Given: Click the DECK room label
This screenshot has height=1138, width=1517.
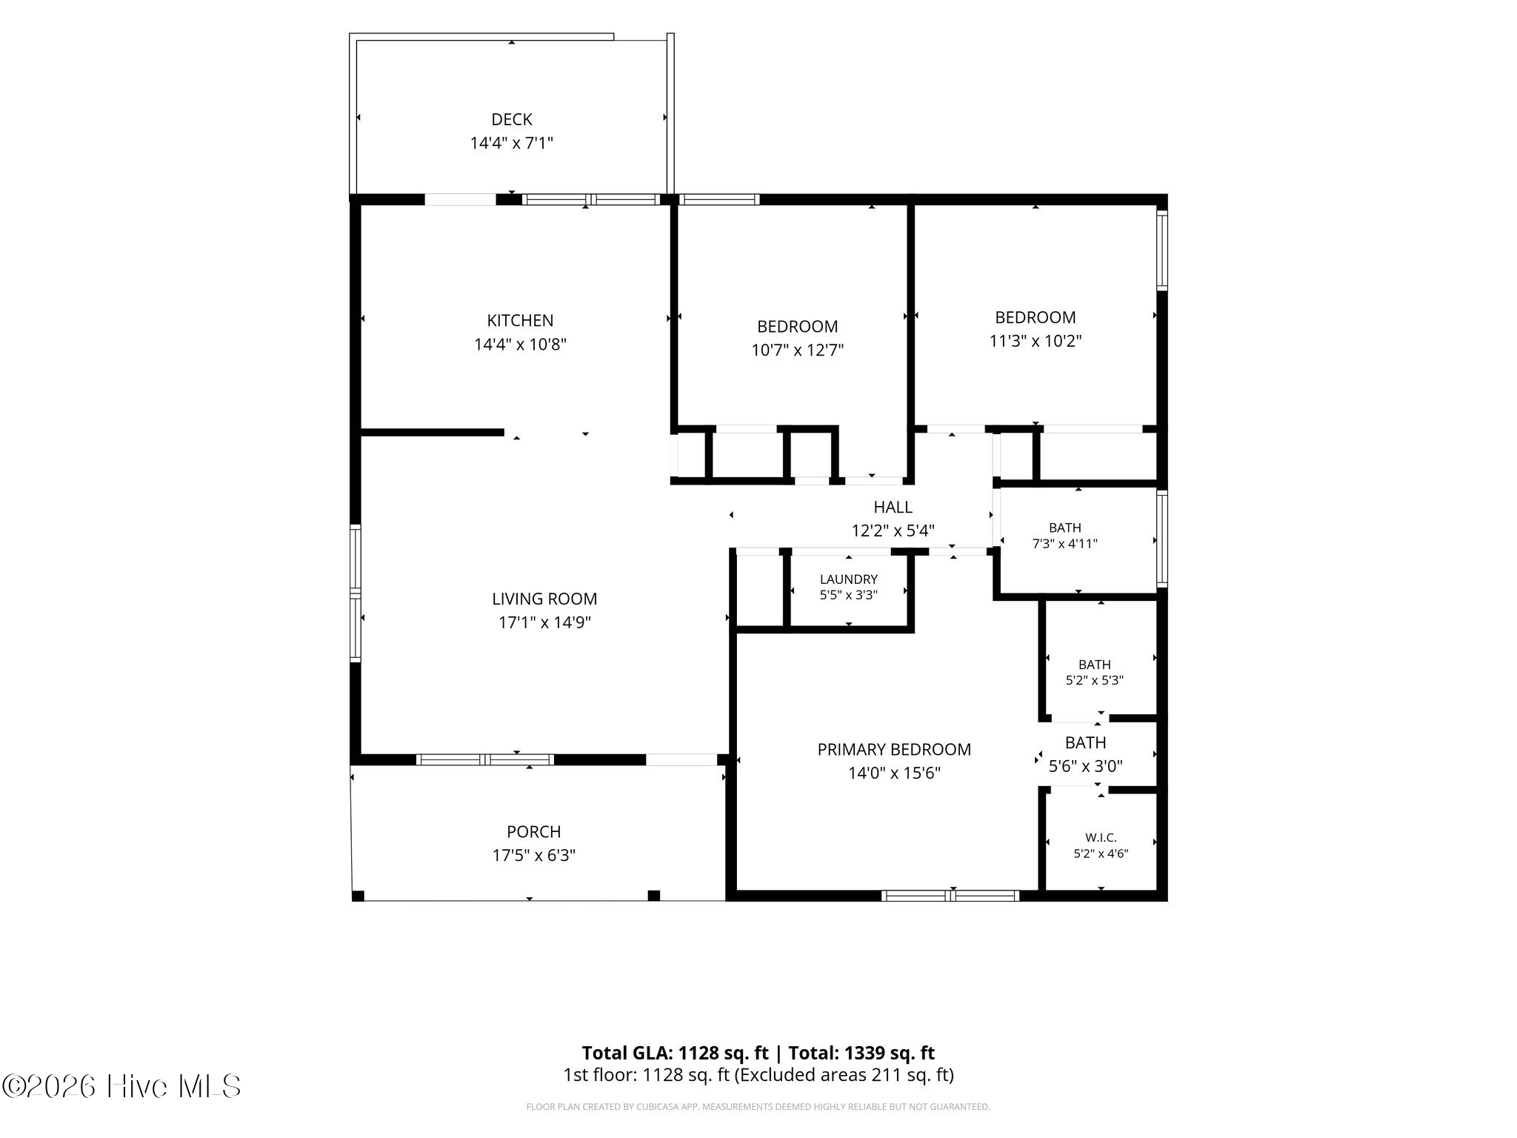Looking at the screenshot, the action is click(512, 119).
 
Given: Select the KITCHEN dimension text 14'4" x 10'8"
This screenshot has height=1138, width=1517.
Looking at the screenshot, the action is click(520, 345).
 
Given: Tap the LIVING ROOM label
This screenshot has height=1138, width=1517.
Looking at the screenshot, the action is click(544, 599).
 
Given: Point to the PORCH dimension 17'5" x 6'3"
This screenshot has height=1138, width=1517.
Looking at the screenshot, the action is click(534, 856).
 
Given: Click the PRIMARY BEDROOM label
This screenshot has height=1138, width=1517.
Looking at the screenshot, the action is click(894, 750).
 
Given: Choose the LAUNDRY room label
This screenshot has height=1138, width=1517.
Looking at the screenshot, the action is click(849, 579).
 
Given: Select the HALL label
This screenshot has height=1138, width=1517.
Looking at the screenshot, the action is click(893, 508).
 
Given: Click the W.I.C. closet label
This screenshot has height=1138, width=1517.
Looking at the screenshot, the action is click(1101, 838).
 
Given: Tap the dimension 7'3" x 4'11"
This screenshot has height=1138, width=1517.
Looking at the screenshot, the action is click(1065, 544).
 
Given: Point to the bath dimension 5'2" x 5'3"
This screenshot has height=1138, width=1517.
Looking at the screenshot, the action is click(1095, 680).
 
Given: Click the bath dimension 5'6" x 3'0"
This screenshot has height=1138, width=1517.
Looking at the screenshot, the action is click(1086, 766).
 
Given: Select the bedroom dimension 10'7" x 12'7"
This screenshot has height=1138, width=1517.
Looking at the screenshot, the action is click(798, 350).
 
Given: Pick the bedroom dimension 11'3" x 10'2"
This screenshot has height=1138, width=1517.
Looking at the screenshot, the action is click(1036, 342).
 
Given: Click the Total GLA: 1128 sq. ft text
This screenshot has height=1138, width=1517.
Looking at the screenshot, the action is click(675, 1053).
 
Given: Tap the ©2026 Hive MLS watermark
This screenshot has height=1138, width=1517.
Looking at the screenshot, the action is click(121, 1087).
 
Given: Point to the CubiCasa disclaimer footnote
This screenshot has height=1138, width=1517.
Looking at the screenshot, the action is click(758, 1107).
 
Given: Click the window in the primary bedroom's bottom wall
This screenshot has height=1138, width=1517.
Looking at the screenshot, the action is click(950, 896).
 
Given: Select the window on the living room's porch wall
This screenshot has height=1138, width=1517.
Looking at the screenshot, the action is click(485, 759).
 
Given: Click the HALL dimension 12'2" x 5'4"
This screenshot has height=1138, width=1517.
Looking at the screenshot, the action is click(893, 531).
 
